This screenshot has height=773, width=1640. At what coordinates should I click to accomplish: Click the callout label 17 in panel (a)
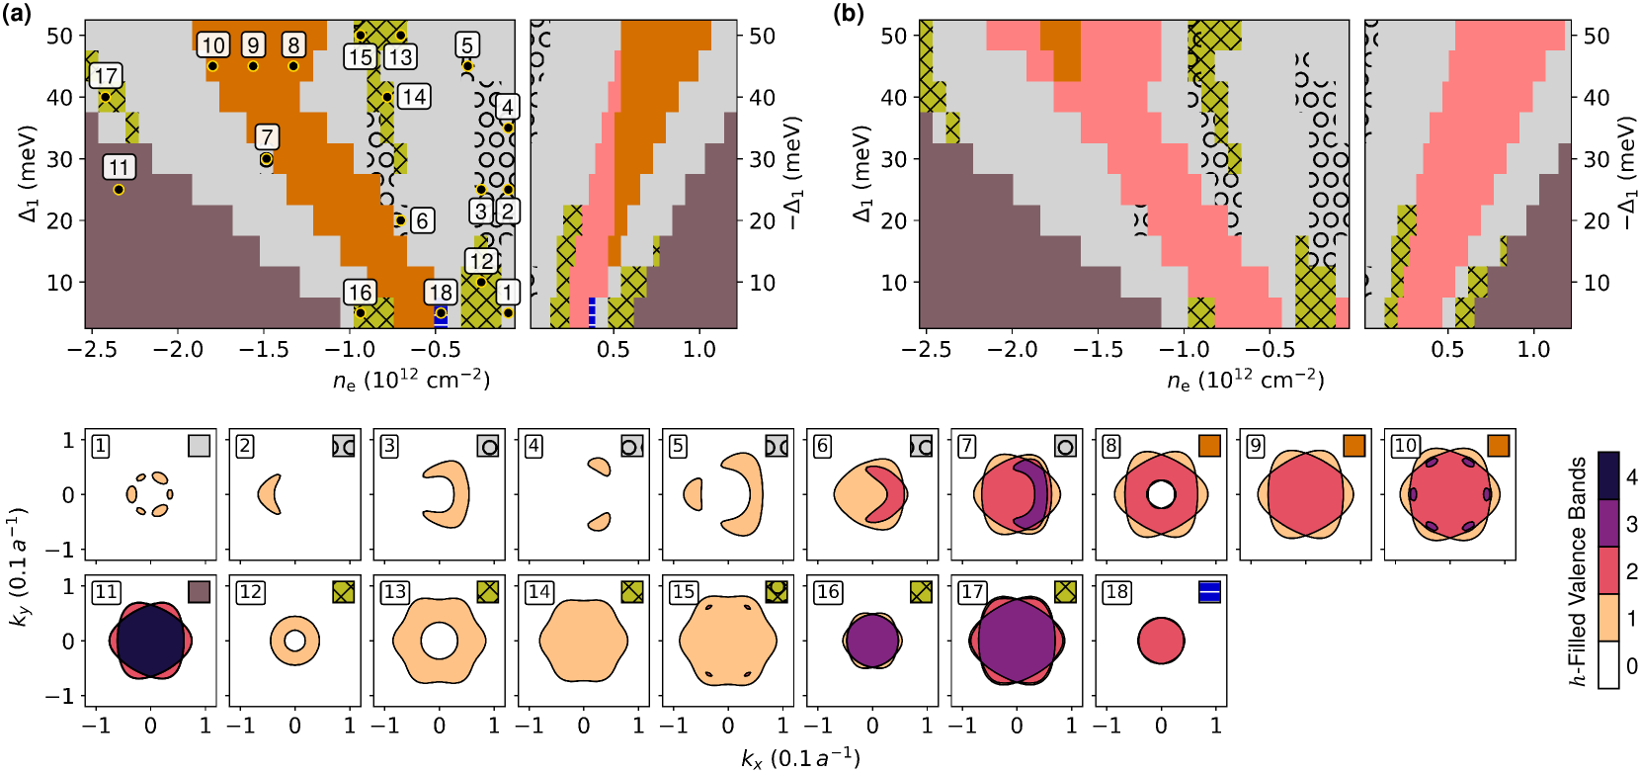point(106,76)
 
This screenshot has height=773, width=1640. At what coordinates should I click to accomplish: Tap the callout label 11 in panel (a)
point(119,167)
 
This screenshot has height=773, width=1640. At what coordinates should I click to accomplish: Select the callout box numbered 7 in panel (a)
point(266,136)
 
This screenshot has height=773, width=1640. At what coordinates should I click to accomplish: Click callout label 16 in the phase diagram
point(360,292)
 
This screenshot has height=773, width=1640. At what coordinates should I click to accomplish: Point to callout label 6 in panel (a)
point(422,220)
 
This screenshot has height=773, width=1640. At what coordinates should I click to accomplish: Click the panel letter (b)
point(850,14)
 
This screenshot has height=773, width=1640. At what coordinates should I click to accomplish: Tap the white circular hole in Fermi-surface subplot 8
point(1161,493)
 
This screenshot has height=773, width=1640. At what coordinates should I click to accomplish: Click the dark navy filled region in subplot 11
point(150,640)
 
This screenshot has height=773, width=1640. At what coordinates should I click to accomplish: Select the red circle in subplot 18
point(1161,640)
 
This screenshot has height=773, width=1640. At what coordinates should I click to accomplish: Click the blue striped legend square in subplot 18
point(1209,592)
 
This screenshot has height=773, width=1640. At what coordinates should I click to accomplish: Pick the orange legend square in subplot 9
point(1353,446)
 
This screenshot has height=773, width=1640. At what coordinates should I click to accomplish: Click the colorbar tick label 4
point(1631,476)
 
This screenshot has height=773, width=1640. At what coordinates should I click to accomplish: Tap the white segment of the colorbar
point(1608,664)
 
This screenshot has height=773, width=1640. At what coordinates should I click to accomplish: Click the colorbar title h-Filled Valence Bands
point(1578,570)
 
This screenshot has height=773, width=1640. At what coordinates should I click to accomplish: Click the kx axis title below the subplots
point(800,758)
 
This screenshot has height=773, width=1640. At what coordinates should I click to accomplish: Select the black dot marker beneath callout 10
point(212,66)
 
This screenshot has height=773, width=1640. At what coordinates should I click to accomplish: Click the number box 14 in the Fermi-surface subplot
point(539,592)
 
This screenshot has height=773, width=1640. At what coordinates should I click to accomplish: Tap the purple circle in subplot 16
point(871,640)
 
